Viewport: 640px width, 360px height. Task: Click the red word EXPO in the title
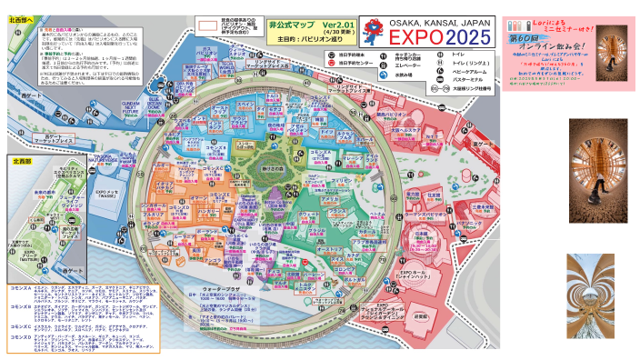[413, 37]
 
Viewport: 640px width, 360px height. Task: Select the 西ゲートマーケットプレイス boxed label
[61, 141]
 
